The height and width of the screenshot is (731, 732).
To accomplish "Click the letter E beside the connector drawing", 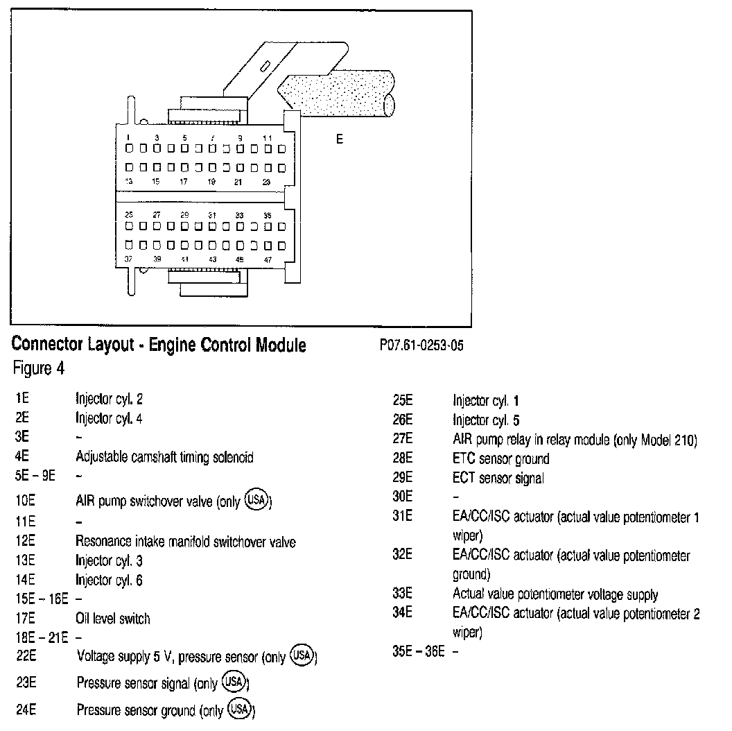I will coord(340,139).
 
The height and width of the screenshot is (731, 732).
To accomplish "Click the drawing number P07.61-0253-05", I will coord(421,346).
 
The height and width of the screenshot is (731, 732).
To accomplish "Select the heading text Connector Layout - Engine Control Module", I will coord(159,345).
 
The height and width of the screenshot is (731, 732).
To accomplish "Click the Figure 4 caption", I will coord(39,368).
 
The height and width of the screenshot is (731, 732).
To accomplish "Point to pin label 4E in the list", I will coord(21,457).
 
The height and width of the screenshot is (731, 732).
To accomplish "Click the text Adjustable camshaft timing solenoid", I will coord(164,457).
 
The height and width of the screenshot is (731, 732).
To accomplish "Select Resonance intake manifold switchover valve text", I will coord(185,541).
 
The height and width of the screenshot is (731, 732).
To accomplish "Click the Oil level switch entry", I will coord(112,619).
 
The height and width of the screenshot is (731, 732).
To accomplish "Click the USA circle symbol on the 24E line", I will coord(241,709).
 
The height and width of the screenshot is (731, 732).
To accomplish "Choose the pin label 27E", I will coord(402,439).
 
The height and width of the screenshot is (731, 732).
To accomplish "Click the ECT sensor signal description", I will coord(498,478).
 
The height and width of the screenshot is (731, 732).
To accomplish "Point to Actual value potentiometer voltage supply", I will coord(555,594).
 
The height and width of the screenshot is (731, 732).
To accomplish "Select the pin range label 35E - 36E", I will coord(418,652).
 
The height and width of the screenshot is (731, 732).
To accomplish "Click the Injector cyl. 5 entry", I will coord(486,420).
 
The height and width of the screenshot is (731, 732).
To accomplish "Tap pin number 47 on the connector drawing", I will coord(268,259).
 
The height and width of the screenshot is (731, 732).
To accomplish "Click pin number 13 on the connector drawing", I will coord(129,181).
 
